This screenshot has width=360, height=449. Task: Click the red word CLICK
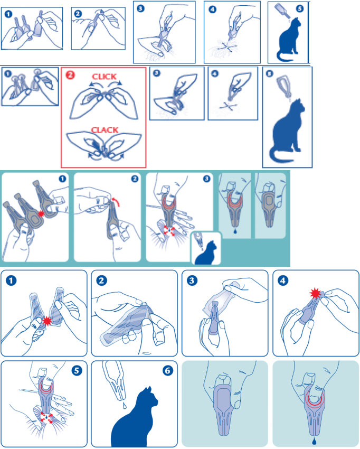(104, 77)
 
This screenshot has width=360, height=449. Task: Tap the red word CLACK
(105, 130)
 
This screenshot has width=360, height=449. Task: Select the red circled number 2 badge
(70, 75)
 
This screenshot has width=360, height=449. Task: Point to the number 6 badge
(167, 370)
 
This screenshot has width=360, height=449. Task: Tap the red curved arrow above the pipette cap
(115, 201)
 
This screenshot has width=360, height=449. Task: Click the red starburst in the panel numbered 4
(316, 294)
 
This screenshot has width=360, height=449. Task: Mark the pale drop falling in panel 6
(124, 406)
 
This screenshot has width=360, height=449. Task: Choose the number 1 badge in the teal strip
(62, 179)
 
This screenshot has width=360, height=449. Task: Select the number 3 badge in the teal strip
(206, 179)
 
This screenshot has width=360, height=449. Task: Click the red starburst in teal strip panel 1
(42, 213)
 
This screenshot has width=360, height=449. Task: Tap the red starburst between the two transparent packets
(47, 321)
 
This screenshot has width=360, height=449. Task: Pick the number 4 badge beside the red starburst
(283, 280)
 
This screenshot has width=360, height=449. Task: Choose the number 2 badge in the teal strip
(135, 179)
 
